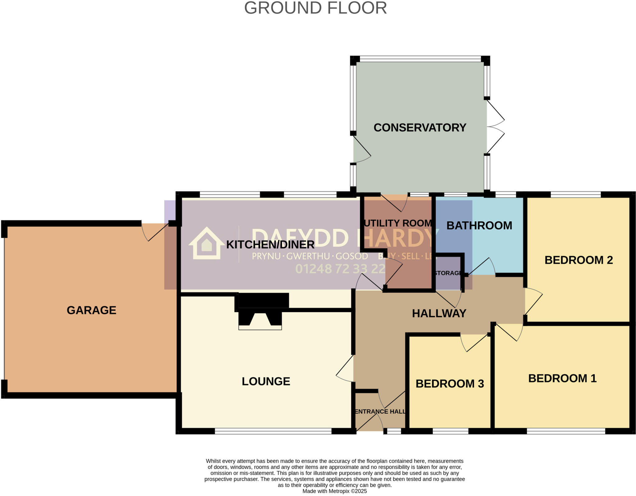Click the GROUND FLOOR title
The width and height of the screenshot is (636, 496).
click(316, 8)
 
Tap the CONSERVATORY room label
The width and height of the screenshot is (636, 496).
click(420, 128)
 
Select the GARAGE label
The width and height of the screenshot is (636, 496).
click(91, 310)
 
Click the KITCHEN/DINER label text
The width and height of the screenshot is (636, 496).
click(270, 245)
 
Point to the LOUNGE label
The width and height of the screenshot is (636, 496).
click(266, 382)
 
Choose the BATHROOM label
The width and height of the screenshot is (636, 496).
click(479, 226)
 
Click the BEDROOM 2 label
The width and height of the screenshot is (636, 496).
click(579, 260)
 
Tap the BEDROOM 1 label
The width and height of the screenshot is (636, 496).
click(562, 378)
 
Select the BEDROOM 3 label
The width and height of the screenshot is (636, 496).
click(450, 384)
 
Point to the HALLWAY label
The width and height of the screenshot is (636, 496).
click(439, 313)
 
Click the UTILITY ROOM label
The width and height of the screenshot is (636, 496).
click(398, 223)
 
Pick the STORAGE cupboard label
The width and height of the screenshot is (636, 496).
click(448, 273)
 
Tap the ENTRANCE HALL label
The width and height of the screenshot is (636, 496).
click(380, 412)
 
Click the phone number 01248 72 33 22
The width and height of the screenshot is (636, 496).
click(340, 269)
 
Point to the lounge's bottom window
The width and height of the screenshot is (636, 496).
click(273, 431)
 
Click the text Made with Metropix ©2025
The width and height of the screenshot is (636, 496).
click(334, 491)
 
